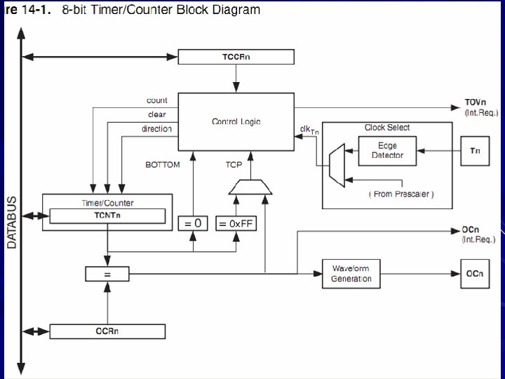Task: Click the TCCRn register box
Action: click(x=236, y=57)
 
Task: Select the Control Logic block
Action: click(x=236, y=122)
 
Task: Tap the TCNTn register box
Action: click(x=107, y=216)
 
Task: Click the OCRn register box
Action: click(x=107, y=331)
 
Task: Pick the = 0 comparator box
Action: click(x=193, y=223)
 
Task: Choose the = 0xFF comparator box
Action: click(x=236, y=223)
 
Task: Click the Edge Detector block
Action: click(x=387, y=151)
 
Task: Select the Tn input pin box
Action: click(x=475, y=151)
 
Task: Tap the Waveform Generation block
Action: click(x=351, y=274)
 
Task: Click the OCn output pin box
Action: click(x=475, y=274)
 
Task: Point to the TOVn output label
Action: click(x=476, y=102)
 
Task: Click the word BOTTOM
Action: click(x=163, y=165)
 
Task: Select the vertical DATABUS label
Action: click(x=12, y=222)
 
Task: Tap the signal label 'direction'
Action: click(x=156, y=129)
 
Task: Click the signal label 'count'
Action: click(x=157, y=100)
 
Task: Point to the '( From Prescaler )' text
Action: click(x=401, y=194)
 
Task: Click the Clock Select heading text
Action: click(x=387, y=128)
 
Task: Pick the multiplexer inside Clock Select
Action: click(x=337, y=166)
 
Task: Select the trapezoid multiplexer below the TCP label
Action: click(x=250, y=187)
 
